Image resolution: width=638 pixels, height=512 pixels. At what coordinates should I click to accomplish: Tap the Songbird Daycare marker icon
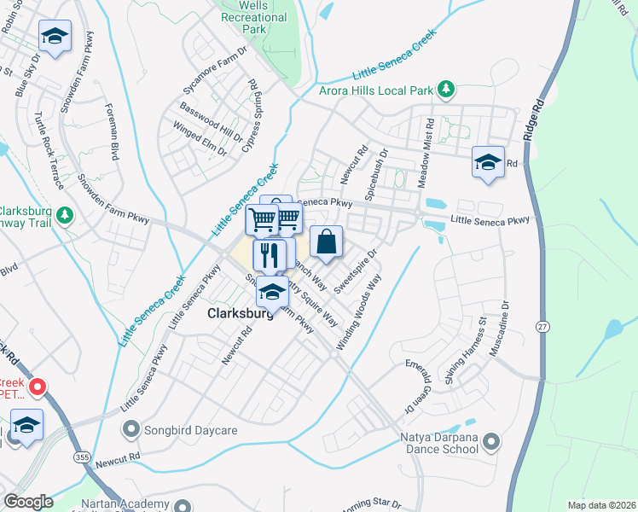tap(130, 428)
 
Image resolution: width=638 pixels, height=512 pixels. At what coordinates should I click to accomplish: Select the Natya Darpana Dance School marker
tap(490, 441)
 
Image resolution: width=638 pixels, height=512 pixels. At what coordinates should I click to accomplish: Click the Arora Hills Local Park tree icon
tap(444, 89)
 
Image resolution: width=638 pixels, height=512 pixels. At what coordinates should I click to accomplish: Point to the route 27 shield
tap(542, 326)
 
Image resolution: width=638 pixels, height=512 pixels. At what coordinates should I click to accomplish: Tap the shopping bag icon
tap(326, 242)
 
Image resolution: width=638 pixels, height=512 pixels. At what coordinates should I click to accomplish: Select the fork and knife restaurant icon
tap(270, 253)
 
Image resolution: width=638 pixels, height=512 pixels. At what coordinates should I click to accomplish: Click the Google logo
tap(27, 502)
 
